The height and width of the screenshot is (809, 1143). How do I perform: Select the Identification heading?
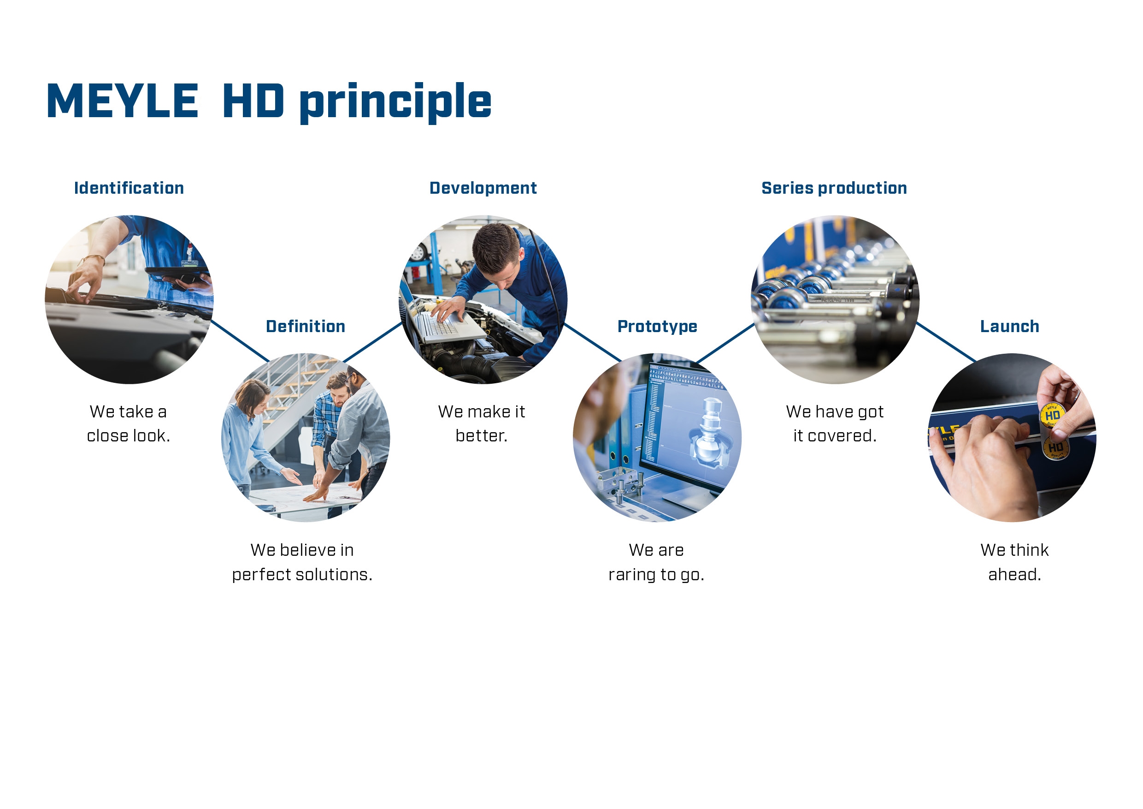click(129, 188)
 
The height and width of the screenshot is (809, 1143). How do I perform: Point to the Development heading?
click(483, 188)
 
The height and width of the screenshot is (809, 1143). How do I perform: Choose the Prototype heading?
click(657, 327)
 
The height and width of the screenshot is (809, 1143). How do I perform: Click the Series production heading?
click(834, 188)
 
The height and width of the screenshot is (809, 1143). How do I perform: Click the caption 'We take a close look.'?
click(129, 423)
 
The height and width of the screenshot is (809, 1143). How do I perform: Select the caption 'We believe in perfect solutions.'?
click(302, 562)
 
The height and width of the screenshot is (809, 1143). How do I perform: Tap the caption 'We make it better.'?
click(481, 423)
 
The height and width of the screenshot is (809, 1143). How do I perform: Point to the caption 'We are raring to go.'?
click(656, 562)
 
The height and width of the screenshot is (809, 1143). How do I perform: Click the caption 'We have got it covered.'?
click(835, 423)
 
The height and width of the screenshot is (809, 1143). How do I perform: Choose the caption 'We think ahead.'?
click(1014, 562)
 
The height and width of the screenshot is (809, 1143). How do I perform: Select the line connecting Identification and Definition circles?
click(240, 341)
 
